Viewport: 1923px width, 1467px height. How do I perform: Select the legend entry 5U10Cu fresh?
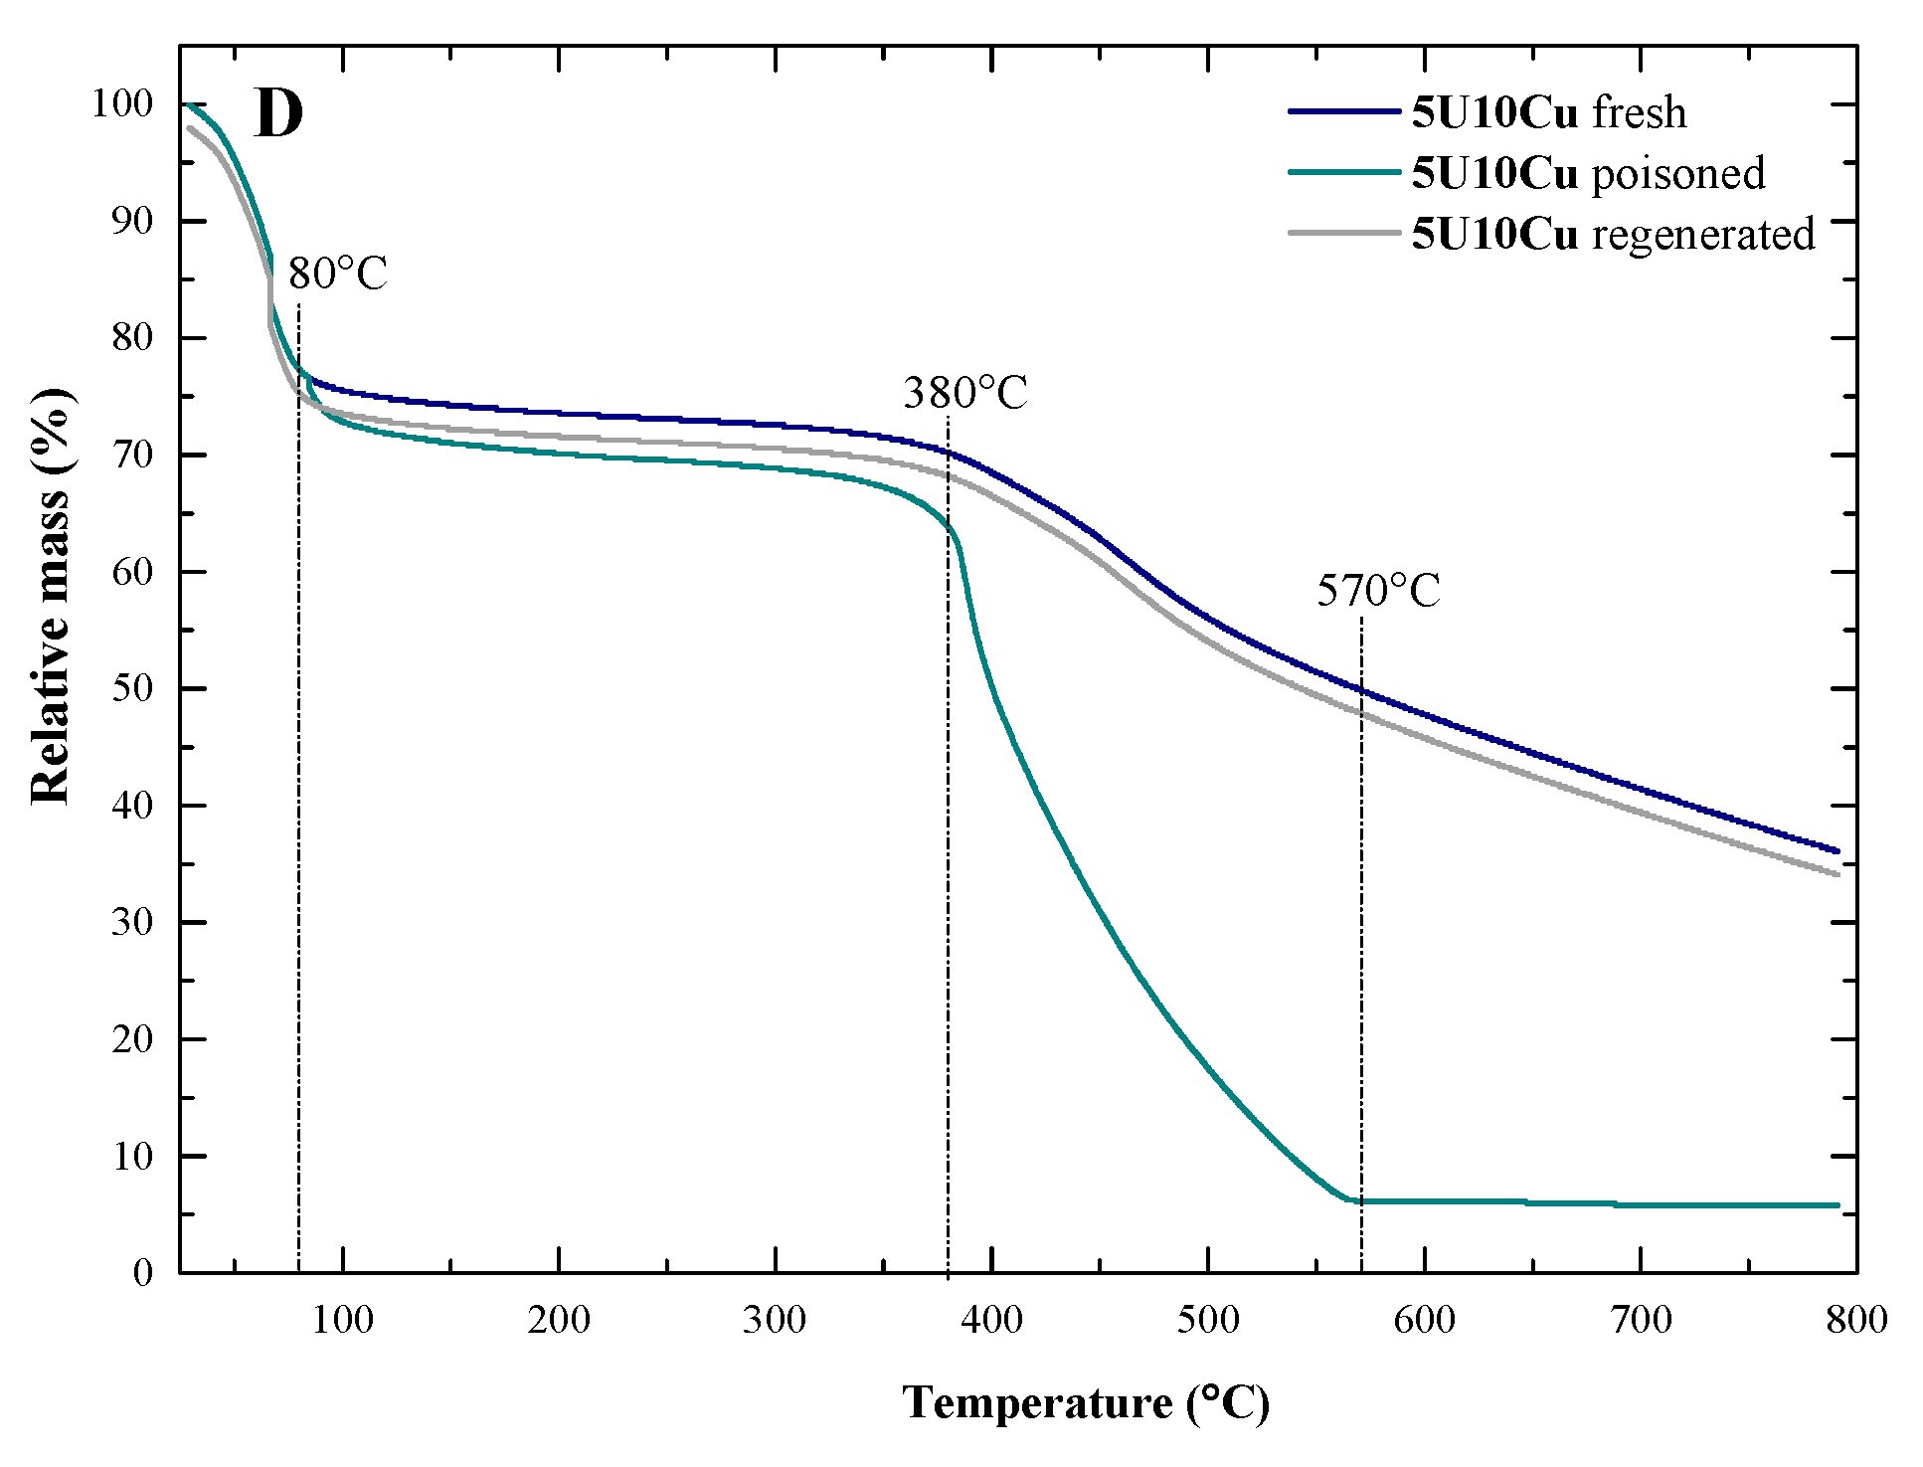[x=1548, y=112]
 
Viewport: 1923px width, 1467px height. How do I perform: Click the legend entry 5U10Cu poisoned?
[x=1588, y=173]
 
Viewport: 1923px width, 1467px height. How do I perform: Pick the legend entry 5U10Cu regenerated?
[x=1613, y=234]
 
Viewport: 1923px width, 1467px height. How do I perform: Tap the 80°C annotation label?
[x=337, y=274]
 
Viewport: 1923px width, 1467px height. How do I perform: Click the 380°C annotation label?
[x=964, y=393]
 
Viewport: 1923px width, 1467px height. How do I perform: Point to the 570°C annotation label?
[x=1378, y=591]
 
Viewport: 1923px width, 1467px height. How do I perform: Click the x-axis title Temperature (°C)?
[x=1086, y=1402]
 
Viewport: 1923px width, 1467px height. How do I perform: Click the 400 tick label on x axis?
[x=991, y=1320]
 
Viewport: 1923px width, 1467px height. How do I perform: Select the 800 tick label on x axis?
[x=1856, y=1320]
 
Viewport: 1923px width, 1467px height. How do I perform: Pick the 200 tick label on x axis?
[x=559, y=1320]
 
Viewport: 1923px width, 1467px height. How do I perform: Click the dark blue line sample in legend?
[x=1342, y=112]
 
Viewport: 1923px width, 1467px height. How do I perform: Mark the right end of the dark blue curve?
[x=1837, y=851]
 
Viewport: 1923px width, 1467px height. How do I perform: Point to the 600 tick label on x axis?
[x=1424, y=1320]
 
